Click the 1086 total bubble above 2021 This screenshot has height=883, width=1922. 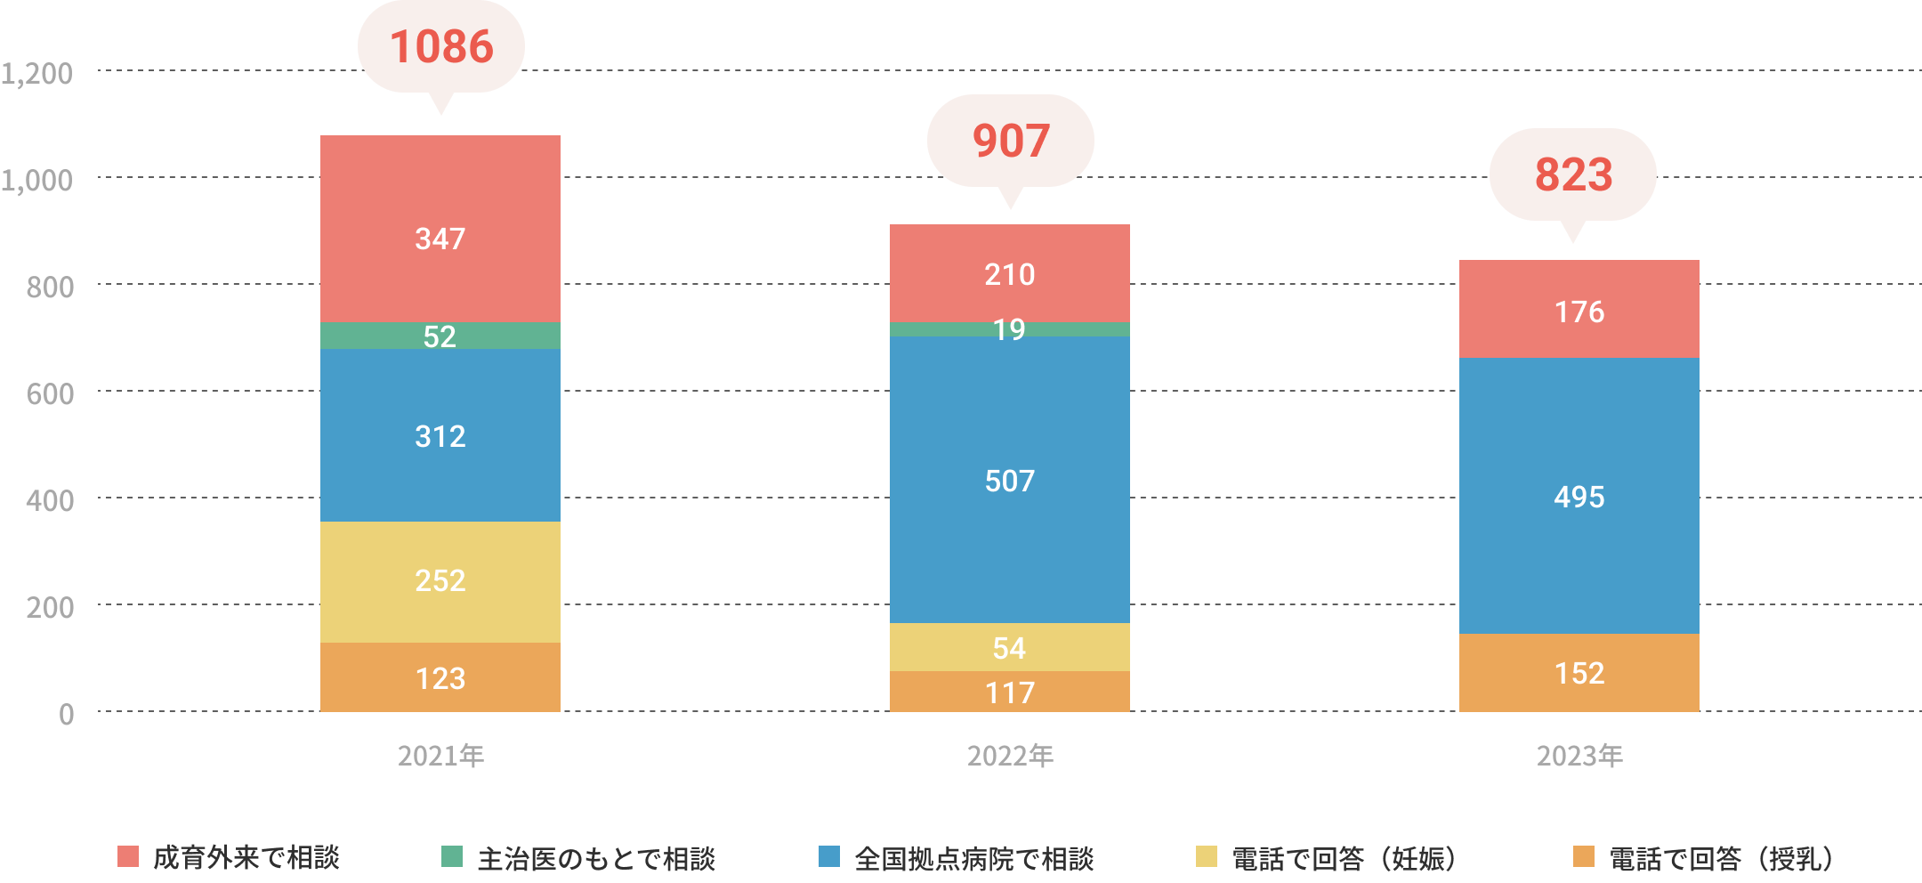coord(440,47)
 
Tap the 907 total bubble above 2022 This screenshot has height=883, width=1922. coord(1010,141)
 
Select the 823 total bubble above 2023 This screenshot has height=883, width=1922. coord(1572,174)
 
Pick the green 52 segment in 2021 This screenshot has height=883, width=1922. coord(440,336)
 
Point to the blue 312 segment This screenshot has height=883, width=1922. coord(440,435)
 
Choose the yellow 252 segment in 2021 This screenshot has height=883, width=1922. coord(440,581)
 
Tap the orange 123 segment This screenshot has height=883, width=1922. coord(440,677)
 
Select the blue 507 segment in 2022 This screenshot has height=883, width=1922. coord(1009,481)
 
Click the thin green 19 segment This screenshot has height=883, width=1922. coord(1009,329)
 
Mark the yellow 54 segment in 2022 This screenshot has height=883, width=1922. coord(1009,647)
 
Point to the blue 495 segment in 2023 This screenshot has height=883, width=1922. coord(1579,496)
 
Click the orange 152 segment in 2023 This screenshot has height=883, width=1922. coord(1579,673)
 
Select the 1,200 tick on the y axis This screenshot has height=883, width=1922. coord(37,73)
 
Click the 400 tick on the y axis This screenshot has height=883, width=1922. coord(50,500)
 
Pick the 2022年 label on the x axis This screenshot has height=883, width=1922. coord(1009,756)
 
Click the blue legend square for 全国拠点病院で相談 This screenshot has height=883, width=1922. coord(828,856)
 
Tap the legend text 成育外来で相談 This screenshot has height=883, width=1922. coord(246,857)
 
